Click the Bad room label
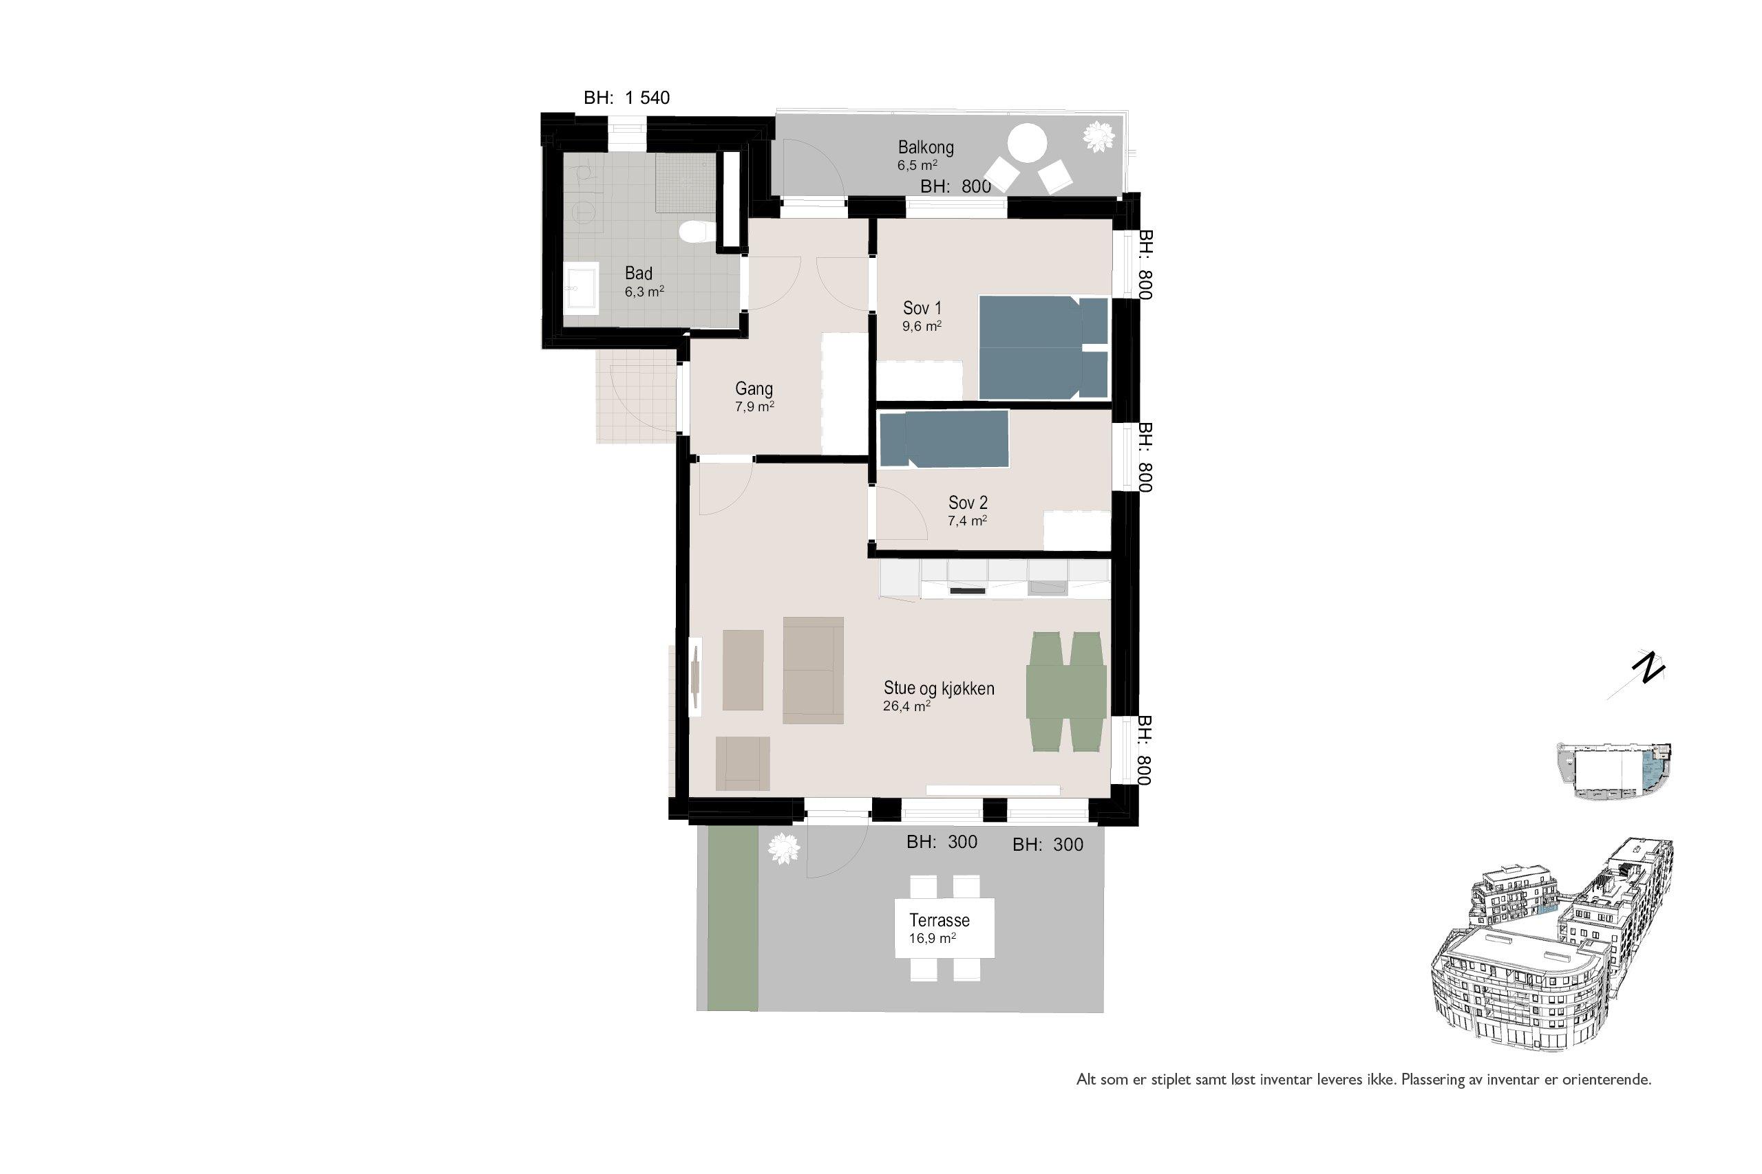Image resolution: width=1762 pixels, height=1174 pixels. [x=638, y=273]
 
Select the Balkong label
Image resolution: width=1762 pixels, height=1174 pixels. [x=926, y=147]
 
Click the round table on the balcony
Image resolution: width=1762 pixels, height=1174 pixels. [x=1027, y=144]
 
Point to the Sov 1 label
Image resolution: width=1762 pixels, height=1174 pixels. [x=922, y=307]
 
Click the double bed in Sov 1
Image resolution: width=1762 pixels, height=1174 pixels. [x=1043, y=347]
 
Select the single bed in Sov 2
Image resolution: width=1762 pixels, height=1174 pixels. [x=944, y=439]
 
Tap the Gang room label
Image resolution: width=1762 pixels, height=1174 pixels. [x=754, y=389]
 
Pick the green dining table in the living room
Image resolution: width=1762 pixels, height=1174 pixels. [x=1066, y=692]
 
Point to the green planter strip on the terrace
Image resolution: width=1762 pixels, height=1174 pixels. [x=732, y=918]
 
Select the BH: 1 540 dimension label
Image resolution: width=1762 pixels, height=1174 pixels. [x=627, y=98]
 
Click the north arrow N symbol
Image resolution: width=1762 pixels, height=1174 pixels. [x=1649, y=668]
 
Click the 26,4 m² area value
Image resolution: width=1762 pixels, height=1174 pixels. [x=906, y=706]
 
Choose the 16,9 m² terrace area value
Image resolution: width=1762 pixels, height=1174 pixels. [x=932, y=939]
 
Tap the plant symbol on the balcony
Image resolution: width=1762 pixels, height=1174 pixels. [x=1099, y=137]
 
